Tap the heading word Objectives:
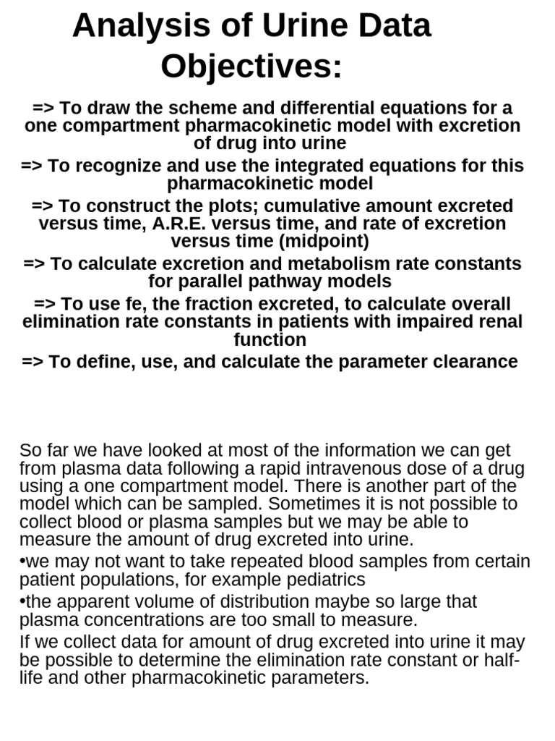251,67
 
